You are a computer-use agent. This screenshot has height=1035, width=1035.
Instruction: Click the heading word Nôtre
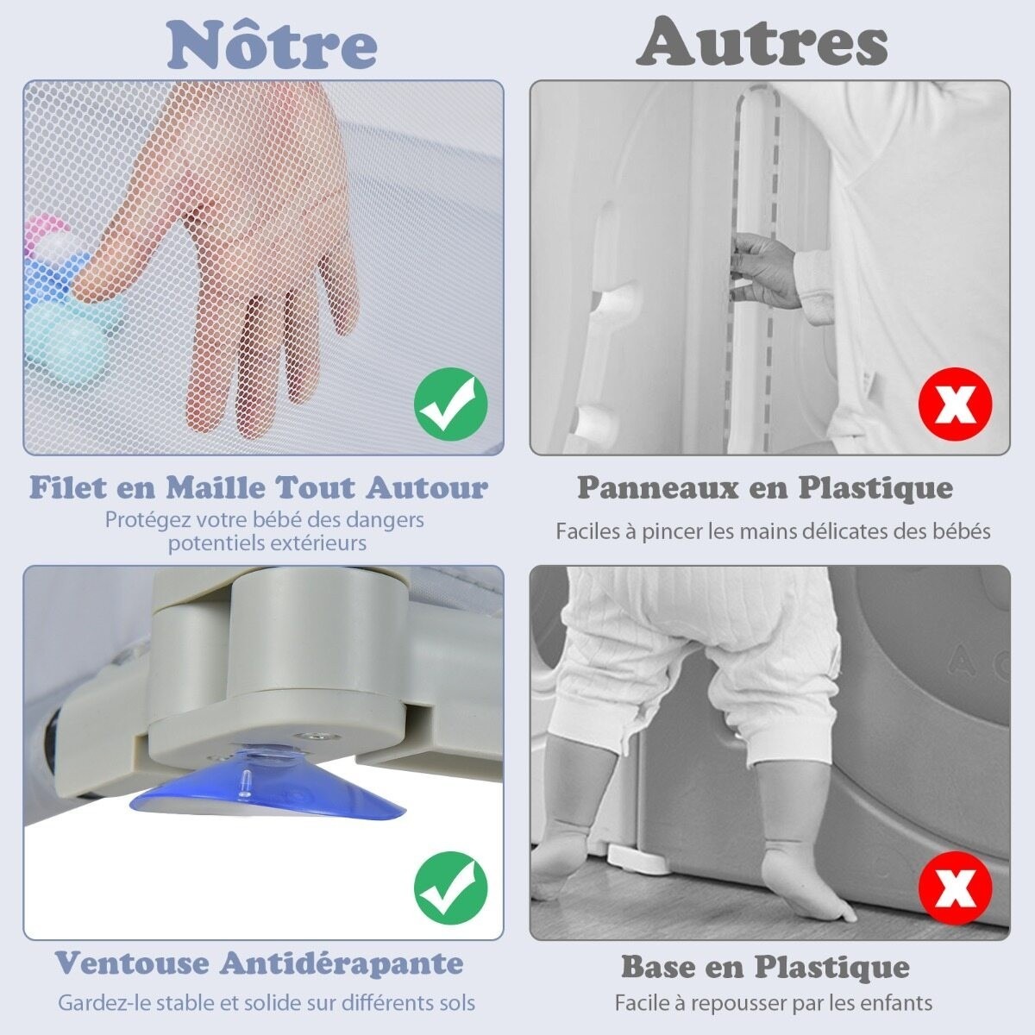(272, 45)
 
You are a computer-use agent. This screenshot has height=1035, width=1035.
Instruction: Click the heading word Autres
(762, 41)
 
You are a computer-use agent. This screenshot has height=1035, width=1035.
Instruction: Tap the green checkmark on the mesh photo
(450, 404)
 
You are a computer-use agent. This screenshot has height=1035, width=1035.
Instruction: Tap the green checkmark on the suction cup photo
(450, 889)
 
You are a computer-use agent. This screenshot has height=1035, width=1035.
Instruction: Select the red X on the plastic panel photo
(956, 404)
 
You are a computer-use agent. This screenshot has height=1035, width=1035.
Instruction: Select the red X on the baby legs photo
(956, 888)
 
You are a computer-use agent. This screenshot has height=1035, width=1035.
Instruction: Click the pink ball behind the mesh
(48, 232)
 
